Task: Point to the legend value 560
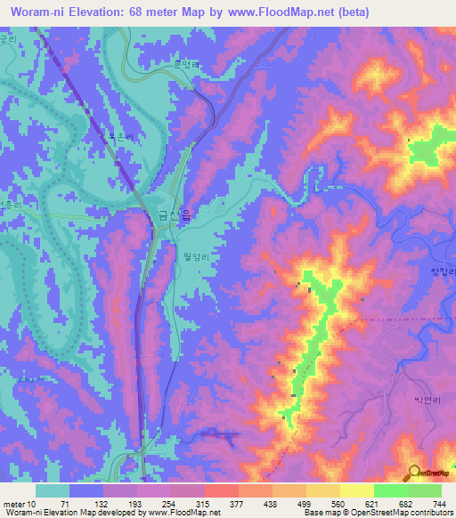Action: (325, 503)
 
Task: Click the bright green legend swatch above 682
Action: (390, 490)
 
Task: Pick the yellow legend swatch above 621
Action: (355, 490)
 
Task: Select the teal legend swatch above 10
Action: (53, 490)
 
